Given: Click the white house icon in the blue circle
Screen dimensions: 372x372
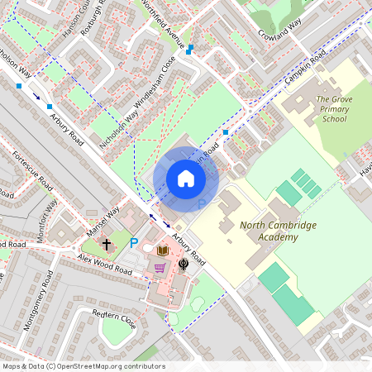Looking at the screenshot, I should (186, 178).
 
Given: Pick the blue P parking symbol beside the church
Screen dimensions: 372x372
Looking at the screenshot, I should (134, 243).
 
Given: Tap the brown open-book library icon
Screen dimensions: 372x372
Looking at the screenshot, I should (163, 250).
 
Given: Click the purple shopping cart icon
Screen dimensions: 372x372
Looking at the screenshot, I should (160, 268).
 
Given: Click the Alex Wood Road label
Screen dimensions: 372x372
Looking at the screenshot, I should (105, 265).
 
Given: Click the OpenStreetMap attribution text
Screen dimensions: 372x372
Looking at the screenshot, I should (83, 366).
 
